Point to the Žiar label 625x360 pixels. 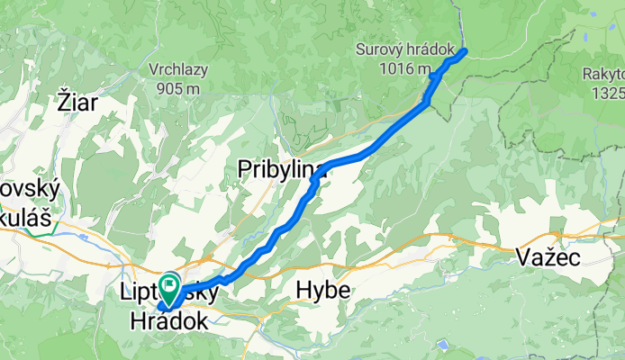coord(78,101)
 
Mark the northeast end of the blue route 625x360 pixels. coord(465,50)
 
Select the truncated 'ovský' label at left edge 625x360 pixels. coord(29,190)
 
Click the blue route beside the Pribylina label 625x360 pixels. coord(314,180)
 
